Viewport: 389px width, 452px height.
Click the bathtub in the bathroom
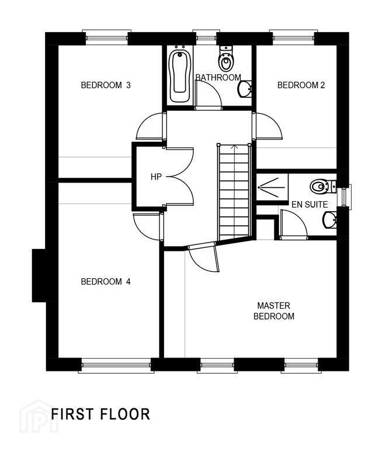coord(180,76)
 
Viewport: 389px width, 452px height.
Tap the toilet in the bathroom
coord(225,58)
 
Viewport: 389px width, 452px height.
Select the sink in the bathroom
coord(245,89)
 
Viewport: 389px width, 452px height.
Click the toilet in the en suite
coord(323,187)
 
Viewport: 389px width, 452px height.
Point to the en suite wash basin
coord(329,220)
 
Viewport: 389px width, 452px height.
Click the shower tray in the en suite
coord(272,187)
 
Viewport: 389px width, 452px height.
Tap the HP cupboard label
coord(156,177)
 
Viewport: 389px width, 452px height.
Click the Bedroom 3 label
coord(106,85)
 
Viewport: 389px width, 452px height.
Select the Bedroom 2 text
coord(301,85)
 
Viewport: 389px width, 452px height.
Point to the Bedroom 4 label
coord(106,281)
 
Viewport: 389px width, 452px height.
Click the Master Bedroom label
coord(274,311)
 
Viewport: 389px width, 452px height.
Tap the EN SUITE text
coord(310,205)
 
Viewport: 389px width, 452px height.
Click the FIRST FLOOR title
coord(100,414)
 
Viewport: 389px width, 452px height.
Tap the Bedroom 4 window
coord(116,365)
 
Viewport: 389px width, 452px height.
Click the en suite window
coord(345,197)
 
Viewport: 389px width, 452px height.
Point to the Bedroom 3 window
coord(106,37)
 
